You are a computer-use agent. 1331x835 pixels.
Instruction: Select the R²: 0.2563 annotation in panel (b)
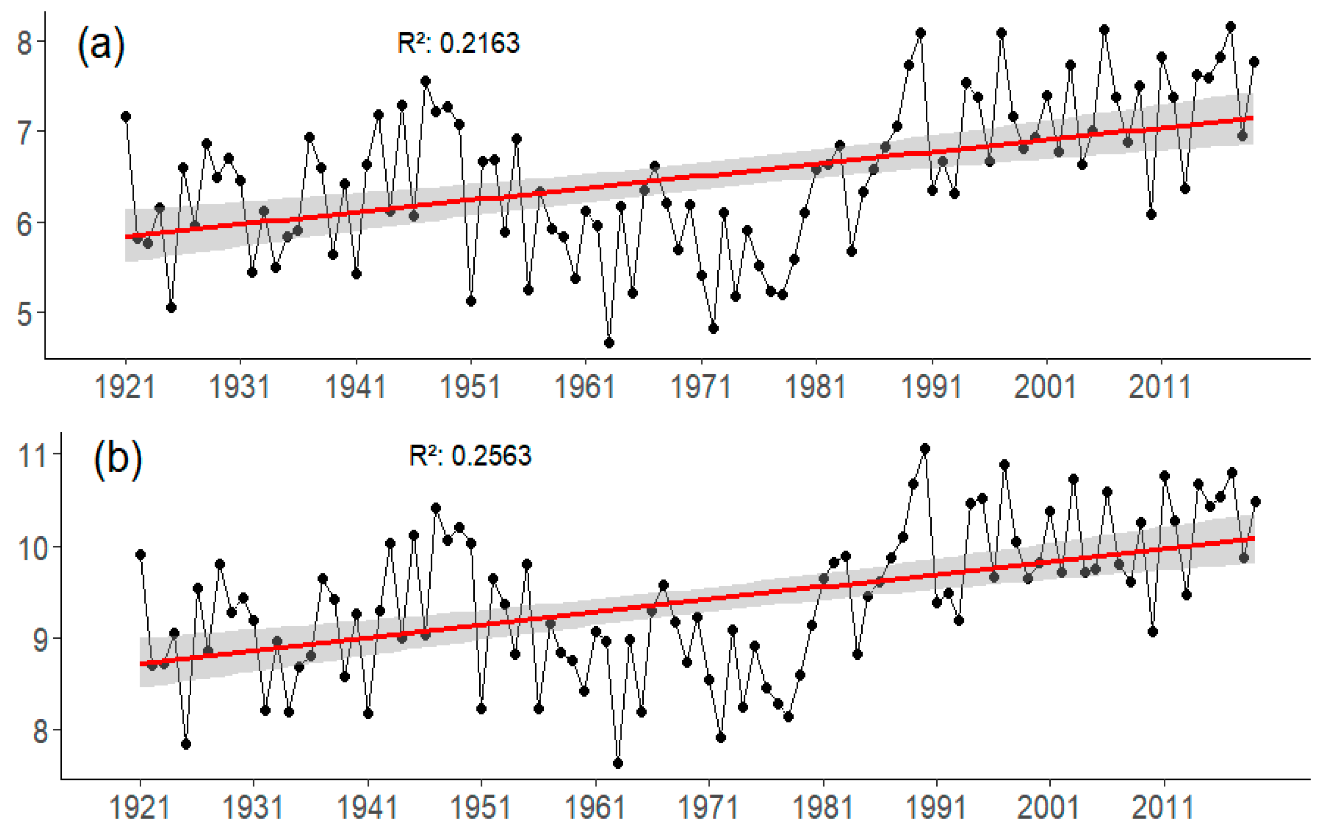click(x=470, y=455)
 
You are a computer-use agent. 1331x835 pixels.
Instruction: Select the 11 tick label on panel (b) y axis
click(x=32, y=455)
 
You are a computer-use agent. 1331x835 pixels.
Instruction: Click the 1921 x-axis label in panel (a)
click(x=125, y=386)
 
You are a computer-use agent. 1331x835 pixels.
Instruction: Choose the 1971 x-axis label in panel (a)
click(x=700, y=386)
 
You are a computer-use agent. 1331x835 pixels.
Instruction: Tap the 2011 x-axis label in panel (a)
click(x=1160, y=386)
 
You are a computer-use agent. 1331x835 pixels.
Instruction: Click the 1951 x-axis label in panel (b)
click(x=481, y=807)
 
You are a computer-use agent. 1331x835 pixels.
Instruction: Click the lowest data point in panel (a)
click(x=610, y=343)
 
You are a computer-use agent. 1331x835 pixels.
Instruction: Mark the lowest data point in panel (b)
click(x=618, y=763)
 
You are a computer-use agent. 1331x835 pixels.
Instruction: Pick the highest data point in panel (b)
click(x=925, y=449)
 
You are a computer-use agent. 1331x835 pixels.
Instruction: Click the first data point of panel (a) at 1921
click(x=126, y=117)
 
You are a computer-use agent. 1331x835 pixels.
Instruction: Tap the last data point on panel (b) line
click(x=1255, y=501)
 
